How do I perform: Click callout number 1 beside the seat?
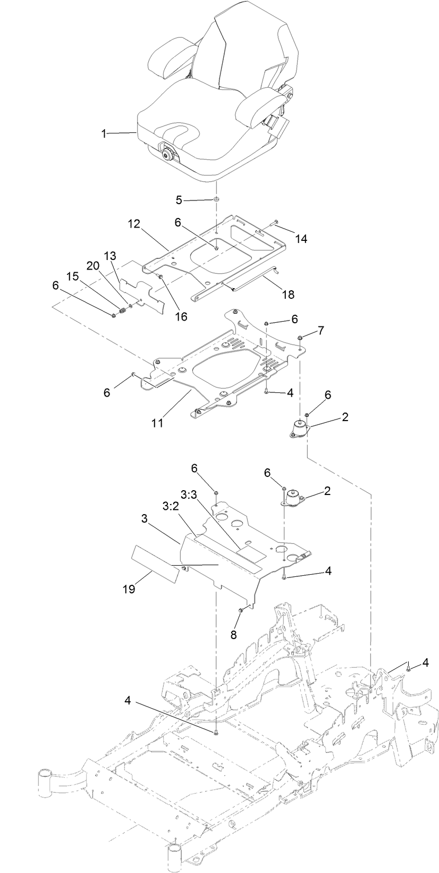point(104,134)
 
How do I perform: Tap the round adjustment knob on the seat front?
point(168,155)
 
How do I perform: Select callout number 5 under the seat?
point(179,200)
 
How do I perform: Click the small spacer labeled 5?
point(217,199)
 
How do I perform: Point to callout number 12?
point(133,224)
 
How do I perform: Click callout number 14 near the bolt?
point(301,239)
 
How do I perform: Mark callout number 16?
point(181,316)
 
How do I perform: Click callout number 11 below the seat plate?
point(157,423)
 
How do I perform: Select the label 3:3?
point(189,494)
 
